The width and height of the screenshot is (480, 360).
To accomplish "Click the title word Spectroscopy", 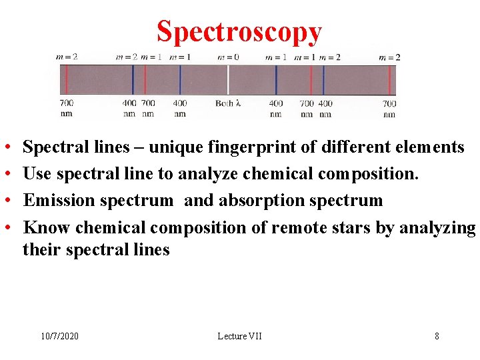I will pyautogui.click(x=239, y=31).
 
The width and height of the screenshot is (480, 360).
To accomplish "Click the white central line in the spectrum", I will pyautogui.click(x=228, y=79).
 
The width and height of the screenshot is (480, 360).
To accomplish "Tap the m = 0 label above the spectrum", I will pyautogui.click(x=228, y=57).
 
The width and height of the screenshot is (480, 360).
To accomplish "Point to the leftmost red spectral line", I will pyautogui.click(x=67, y=79).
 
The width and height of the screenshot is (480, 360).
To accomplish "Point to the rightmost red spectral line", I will pyautogui.click(x=388, y=79).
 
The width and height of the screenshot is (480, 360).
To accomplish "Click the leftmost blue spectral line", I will pyautogui.click(x=133, y=79).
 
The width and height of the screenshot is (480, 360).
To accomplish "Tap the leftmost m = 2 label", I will pyautogui.click(x=67, y=57).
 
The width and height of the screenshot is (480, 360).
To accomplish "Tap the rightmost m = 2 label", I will pyautogui.click(x=389, y=57).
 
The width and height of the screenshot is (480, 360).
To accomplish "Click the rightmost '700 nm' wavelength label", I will pyautogui.click(x=389, y=108).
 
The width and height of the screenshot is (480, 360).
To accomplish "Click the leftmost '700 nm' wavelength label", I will pyautogui.click(x=67, y=108).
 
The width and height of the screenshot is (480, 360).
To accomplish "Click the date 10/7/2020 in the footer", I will pyautogui.click(x=59, y=336).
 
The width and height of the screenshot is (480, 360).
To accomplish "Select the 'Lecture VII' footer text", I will pyautogui.click(x=239, y=336).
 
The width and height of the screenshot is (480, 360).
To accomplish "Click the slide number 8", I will pyautogui.click(x=437, y=336).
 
